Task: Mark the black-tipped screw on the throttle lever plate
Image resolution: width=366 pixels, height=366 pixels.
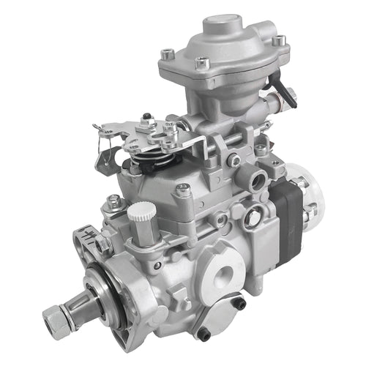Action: pos(147,117)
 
